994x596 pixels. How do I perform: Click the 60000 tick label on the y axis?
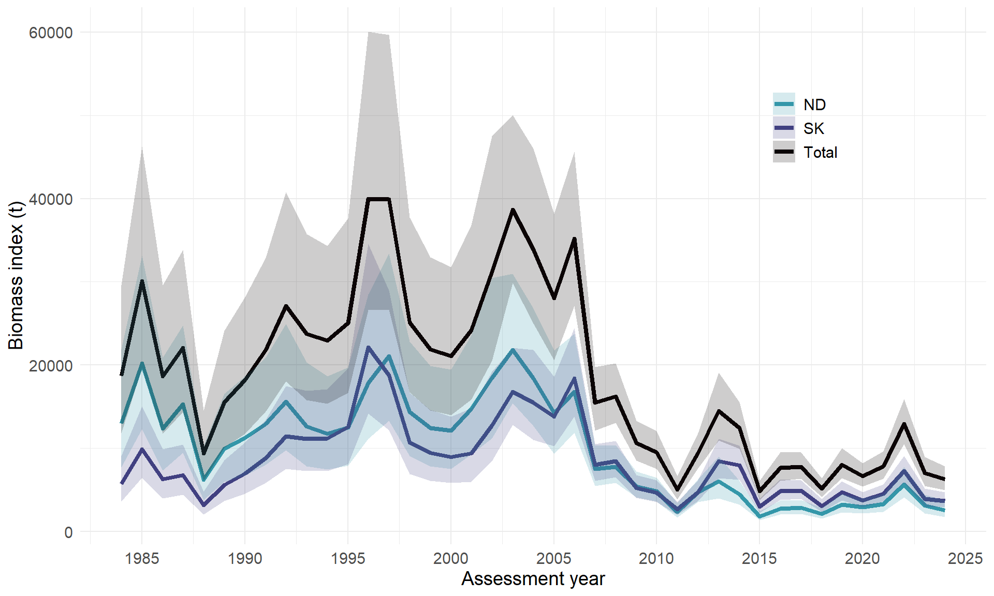pos(51,33)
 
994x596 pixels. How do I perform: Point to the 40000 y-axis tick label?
pos(51,199)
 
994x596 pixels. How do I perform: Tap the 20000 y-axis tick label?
pos(51,366)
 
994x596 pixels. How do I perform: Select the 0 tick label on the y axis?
pos(68,532)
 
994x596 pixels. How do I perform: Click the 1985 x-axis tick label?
pos(142,559)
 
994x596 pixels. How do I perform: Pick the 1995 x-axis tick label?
pos(348,559)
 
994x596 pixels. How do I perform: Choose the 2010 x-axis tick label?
pos(656,559)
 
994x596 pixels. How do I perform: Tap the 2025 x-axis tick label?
pos(965,559)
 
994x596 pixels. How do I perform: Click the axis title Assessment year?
pos(533,579)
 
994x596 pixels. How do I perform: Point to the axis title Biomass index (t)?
pos(17,275)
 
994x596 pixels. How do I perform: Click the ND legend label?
pos(814,105)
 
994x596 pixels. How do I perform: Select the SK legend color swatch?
pos(784,128)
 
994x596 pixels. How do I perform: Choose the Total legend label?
pos(820,153)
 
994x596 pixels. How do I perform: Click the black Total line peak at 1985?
pos(142,281)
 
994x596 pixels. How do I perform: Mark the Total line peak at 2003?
pos(513,210)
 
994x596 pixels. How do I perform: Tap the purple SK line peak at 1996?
pos(368,347)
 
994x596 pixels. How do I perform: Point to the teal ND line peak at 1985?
pos(142,363)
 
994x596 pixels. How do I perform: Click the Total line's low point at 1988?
pos(204,454)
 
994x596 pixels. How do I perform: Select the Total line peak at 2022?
pos(904,424)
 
